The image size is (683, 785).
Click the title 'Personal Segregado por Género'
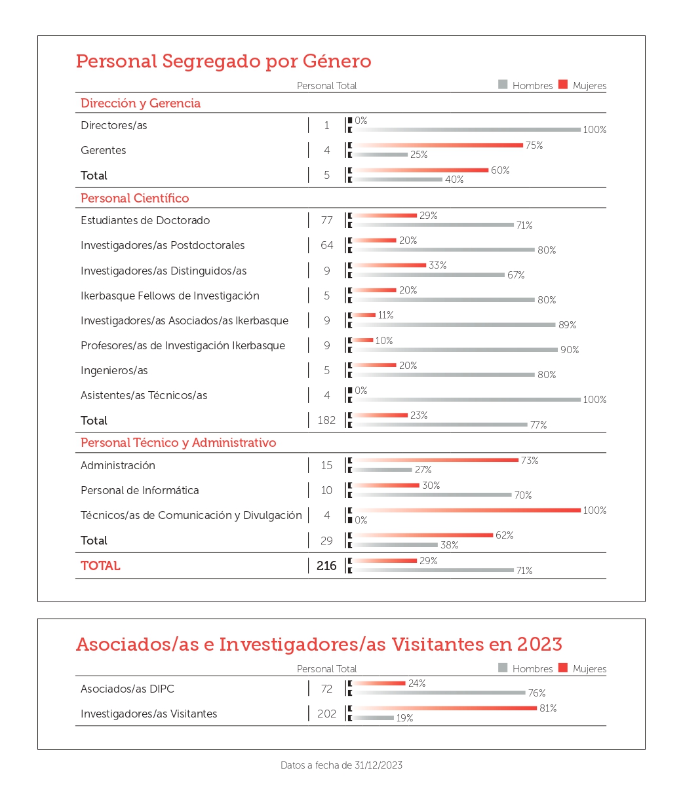coord(224,61)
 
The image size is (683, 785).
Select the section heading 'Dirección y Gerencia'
coord(140,104)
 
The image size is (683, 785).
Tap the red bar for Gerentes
coord(438,145)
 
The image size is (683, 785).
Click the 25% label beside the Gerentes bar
coord(418,155)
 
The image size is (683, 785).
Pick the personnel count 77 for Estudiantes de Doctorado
coord(326,220)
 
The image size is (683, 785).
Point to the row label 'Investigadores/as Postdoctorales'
coord(163,245)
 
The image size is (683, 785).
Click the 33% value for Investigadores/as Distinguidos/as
coord(437,265)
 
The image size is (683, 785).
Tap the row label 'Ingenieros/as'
coord(114,370)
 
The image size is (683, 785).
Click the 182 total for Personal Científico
coord(326,420)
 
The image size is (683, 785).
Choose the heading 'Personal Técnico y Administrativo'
coord(178,443)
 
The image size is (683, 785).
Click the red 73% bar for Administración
coord(436,460)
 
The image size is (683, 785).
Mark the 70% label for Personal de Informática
coord(522,495)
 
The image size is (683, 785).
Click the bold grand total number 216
coord(326,565)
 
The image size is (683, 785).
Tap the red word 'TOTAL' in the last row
coord(100,565)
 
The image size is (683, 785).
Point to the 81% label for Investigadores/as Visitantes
coord(548,708)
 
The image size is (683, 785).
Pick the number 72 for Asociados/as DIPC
coord(326,689)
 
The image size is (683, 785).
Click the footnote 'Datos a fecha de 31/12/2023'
coord(341,765)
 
